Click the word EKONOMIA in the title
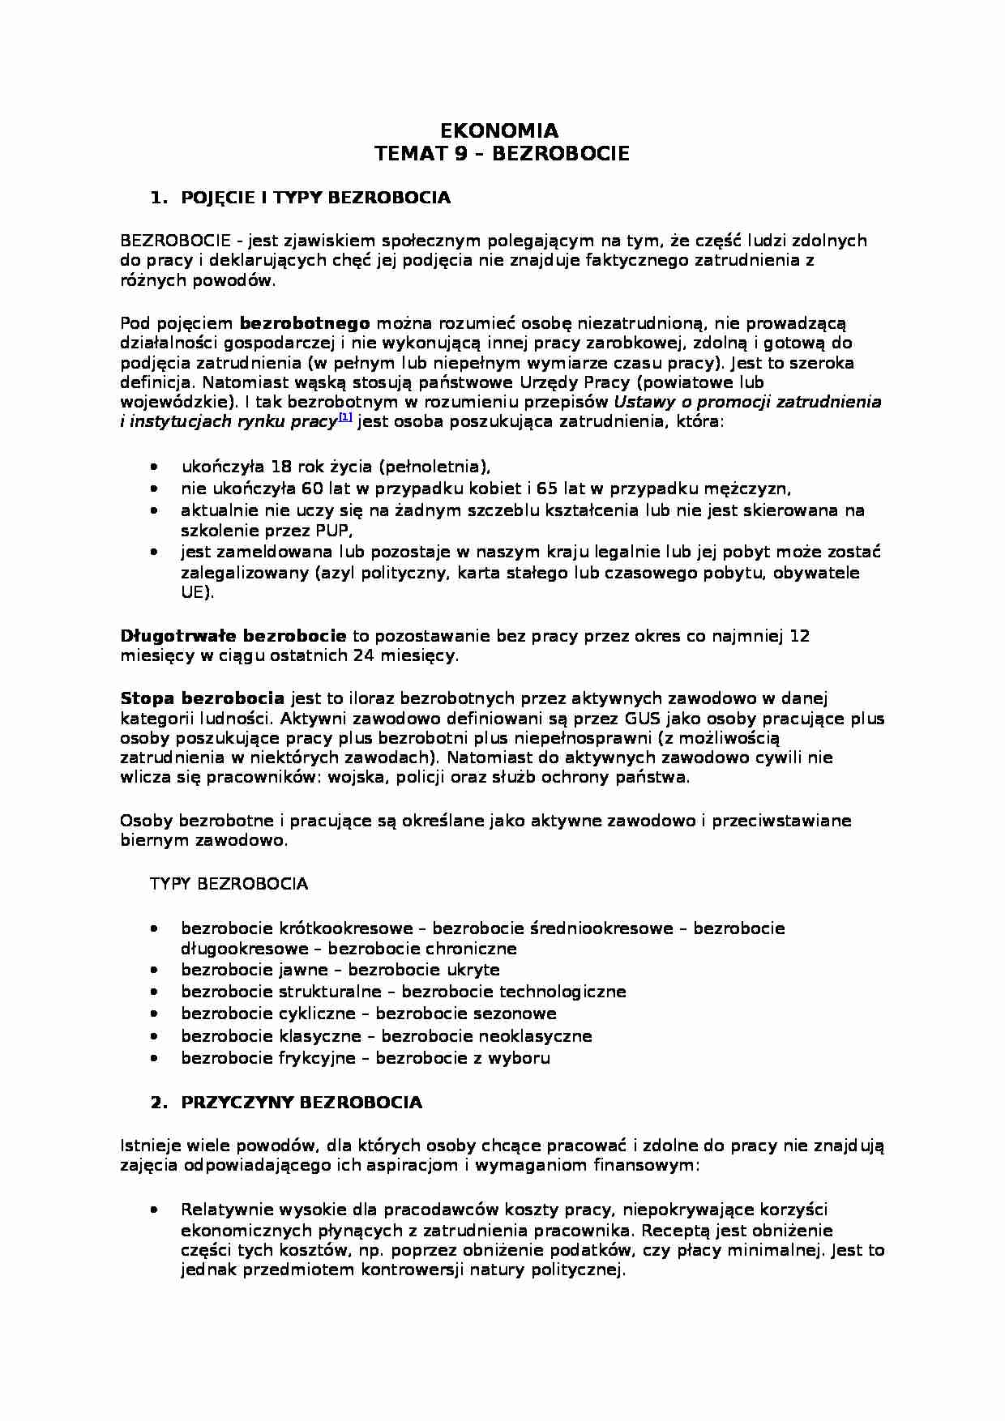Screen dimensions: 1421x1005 [x=498, y=131]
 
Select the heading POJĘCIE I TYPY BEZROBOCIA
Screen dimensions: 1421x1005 [x=315, y=198]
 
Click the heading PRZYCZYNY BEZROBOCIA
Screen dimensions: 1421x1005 [x=301, y=1102]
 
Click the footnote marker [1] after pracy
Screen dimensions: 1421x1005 [x=345, y=417]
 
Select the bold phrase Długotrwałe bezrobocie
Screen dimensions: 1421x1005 [x=233, y=636]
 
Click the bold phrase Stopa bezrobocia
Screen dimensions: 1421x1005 [x=202, y=698]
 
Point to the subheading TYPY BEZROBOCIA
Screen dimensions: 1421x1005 [x=229, y=884]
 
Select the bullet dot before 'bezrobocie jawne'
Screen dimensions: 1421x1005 [x=154, y=970]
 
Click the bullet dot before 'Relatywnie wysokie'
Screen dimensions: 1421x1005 [x=154, y=1210]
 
